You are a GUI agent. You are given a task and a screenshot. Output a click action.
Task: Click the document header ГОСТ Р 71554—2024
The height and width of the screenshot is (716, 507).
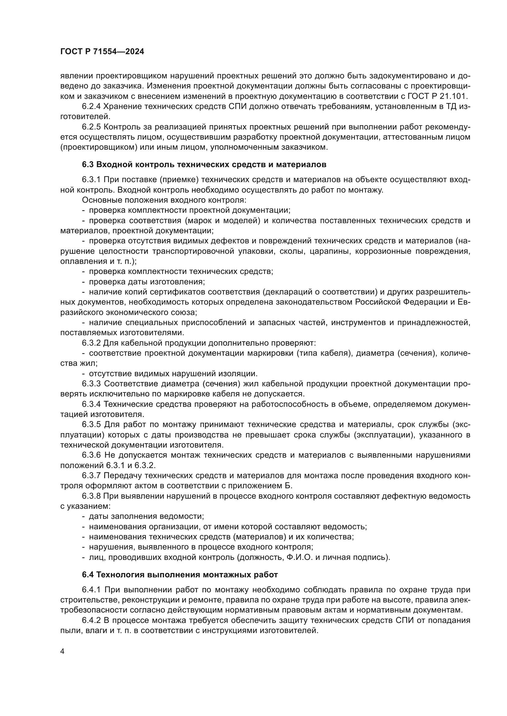point(102,52)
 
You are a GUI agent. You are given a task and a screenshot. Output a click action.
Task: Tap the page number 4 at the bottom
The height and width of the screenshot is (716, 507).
point(63,651)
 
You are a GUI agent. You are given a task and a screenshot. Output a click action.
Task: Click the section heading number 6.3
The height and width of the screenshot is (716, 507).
point(88,165)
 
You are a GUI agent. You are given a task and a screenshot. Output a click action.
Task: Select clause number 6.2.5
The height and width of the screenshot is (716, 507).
point(91,127)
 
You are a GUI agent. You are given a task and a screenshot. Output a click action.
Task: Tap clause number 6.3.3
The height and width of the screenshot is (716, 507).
point(91,384)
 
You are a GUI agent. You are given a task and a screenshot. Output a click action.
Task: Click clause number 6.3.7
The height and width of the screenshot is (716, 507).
point(91,476)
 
